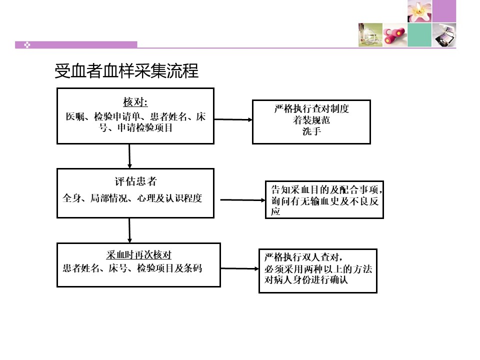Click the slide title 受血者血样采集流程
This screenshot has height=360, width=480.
[126, 70]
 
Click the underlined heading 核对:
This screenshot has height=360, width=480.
[135, 102]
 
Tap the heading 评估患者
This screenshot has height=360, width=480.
[135, 181]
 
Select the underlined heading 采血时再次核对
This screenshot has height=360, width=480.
[138, 254]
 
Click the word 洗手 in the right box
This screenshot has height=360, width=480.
[311, 131]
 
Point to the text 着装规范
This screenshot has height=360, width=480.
[311, 120]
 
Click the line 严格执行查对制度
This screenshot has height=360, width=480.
[311, 108]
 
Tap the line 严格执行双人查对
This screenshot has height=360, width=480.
[303, 257]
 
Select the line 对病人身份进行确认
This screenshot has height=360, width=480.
[306, 279]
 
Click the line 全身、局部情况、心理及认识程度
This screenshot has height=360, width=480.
[132, 198]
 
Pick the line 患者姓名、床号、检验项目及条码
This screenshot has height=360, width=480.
[132, 268]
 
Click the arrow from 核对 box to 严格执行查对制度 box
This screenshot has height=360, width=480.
[233, 119]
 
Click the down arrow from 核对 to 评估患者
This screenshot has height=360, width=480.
[129, 156]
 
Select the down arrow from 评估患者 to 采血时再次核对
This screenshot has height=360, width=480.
[129, 230]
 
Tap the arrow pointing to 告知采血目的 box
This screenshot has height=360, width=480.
[243, 200]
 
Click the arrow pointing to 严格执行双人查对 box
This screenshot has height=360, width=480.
[239, 268]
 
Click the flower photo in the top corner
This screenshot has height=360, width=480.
[419, 11]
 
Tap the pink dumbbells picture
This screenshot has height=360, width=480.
[395, 35]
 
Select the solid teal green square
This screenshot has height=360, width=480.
[419, 35]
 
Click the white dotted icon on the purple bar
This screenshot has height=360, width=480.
[27, 45]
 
